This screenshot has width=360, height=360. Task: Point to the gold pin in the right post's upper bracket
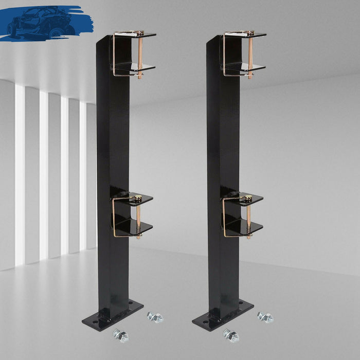pyautogui.click(x=250, y=54)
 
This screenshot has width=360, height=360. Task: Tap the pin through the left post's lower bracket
pyautogui.click(x=138, y=216)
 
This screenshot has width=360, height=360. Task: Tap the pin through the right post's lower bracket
pyautogui.click(x=248, y=216)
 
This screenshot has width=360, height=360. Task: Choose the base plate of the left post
pyautogui.click(x=113, y=314)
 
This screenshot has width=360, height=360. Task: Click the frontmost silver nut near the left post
pyautogui.click(x=121, y=336)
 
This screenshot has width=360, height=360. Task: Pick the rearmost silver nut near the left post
pyautogui.click(x=154, y=317)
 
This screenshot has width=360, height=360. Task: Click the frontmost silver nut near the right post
pyautogui.click(x=231, y=336)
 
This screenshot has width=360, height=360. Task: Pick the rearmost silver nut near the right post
pyautogui.click(x=265, y=317)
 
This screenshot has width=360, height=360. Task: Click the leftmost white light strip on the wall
pyautogui.click(x=20, y=175)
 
